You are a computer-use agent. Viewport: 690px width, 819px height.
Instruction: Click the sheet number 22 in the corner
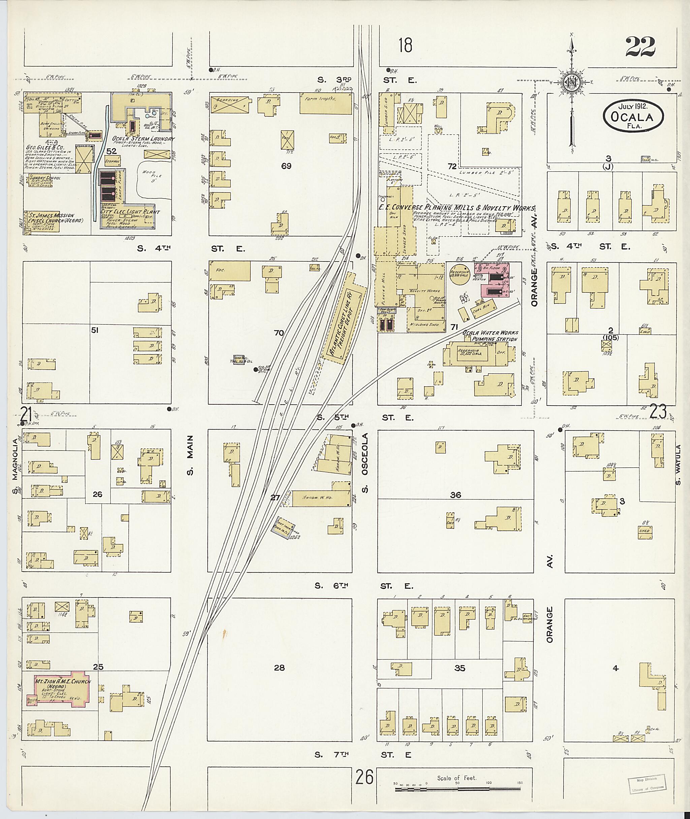pos(640,47)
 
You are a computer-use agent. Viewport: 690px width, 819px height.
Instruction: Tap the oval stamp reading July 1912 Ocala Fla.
pos(633,114)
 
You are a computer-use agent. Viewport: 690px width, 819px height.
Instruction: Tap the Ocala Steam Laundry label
pos(143,139)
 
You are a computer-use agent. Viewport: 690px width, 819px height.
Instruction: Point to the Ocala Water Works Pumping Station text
pos(490,336)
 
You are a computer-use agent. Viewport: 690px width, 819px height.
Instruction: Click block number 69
pos(286,166)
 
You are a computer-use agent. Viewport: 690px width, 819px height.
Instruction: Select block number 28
pos(279,668)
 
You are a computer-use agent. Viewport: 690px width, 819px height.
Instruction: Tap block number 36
pos(455,495)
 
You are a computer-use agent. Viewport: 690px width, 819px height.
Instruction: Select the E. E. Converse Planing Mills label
pos(456,207)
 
